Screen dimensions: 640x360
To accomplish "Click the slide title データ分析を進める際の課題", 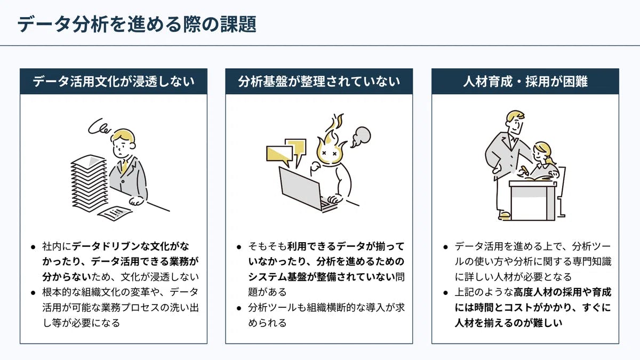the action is click(137, 24).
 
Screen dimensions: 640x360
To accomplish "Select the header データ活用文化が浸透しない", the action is click(114, 82).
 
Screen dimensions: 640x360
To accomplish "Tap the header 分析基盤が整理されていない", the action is click(319, 82).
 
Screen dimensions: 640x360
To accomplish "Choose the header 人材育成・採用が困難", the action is click(525, 82).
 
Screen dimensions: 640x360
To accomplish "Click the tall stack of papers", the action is click(89, 183).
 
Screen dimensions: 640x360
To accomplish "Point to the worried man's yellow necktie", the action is click(124, 166).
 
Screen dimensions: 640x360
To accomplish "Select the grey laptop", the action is click(306, 190).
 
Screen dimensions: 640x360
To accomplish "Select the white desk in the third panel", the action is click(533, 201).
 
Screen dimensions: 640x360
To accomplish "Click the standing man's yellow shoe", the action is click(505, 214).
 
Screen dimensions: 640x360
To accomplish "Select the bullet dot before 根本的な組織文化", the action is click(34, 293).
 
